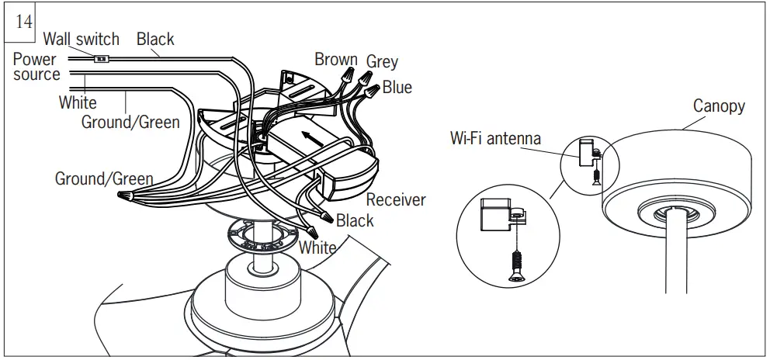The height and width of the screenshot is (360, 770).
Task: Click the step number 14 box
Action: coord(24,22)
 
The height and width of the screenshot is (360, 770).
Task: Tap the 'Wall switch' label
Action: coord(81,39)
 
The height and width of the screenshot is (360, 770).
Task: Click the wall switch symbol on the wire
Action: coord(100,58)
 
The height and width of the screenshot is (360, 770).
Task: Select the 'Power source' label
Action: coord(36,67)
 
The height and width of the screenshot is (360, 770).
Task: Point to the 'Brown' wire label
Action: coord(335,60)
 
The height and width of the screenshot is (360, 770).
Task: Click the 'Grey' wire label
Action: coord(382,61)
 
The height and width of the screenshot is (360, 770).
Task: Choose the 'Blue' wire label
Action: coord(397,88)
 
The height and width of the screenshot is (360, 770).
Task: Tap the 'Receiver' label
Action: coord(396,200)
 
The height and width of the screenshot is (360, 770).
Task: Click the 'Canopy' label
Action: coord(718,106)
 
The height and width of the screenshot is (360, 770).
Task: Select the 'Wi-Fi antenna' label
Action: coord(495,139)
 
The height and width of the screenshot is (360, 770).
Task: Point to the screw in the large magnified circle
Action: coord(515,264)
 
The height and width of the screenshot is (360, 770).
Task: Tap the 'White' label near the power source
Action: coord(78,102)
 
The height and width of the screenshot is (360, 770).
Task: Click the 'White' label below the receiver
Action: coord(318,248)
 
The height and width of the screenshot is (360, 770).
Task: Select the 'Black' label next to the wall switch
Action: coord(155,39)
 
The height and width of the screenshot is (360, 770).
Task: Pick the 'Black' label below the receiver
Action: coord(355,221)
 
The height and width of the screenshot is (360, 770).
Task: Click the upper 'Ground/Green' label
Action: coord(130,122)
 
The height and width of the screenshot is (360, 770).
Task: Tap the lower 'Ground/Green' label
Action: coord(104,178)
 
